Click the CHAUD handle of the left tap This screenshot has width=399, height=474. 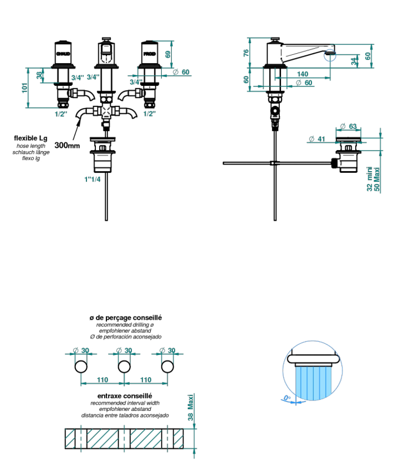(x=63, y=52)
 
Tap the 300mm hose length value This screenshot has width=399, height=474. (x=67, y=145)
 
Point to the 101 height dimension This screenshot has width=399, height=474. (x=24, y=87)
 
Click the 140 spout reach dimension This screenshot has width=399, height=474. (x=302, y=74)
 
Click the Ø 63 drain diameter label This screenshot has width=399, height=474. (x=348, y=126)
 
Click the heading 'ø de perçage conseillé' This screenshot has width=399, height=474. (x=125, y=318)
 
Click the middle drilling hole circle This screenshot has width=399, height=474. (x=124, y=367)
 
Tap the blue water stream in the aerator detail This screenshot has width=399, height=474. (x=314, y=384)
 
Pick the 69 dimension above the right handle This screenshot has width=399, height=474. (x=168, y=54)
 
